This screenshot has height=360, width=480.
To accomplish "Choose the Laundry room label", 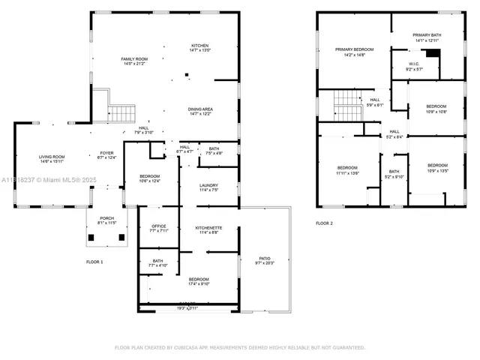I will point(208,187).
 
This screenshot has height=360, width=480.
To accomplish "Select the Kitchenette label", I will point(208,229).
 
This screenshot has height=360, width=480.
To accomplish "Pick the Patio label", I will point(265,259).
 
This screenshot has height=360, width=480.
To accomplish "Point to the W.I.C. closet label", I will point(415,66).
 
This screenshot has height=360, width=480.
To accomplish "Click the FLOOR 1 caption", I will point(94,262).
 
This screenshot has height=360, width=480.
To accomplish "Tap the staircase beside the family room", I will point(122,113).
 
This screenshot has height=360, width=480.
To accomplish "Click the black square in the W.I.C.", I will point(430,54).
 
